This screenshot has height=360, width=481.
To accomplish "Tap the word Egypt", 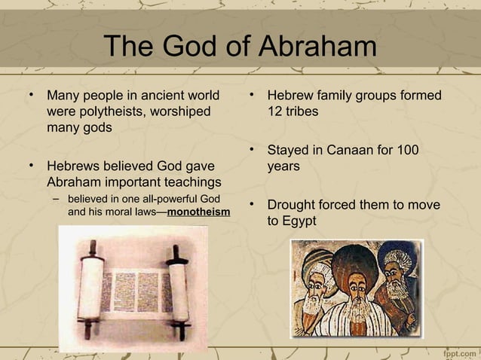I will pos(300,221).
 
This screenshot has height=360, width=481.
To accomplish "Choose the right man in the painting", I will pos(399,282).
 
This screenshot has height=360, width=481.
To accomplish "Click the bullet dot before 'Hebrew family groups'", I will pos(251,96).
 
